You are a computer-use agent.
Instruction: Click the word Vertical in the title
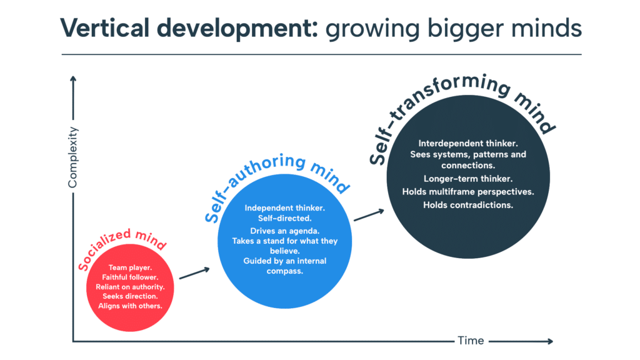click(x=105, y=28)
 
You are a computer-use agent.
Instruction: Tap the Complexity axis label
click(x=72, y=157)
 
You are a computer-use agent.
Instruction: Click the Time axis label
click(x=471, y=341)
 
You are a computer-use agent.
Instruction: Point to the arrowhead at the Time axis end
click(x=551, y=341)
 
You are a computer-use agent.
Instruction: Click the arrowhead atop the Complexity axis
click(x=73, y=79)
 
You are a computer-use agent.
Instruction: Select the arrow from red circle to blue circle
click(x=195, y=273)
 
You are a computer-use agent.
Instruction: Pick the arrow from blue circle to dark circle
click(x=369, y=215)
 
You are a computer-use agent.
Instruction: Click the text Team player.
click(x=130, y=267)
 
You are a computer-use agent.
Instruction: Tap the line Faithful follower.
click(x=130, y=277)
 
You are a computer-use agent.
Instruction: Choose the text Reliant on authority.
click(x=130, y=287)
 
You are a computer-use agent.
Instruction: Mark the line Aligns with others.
click(x=130, y=306)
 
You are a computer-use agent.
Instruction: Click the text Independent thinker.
click(x=285, y=207)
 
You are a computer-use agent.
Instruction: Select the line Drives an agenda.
click(x=285, y=231)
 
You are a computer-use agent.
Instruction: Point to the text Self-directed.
click(x=285, y=218)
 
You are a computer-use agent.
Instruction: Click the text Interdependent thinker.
click(x=468, y=143)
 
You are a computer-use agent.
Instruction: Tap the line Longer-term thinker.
click(x=468, y=179)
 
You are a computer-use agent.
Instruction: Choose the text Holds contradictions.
click(x=468, y=205)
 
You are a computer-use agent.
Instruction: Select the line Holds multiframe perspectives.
click(x=468, y=192)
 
